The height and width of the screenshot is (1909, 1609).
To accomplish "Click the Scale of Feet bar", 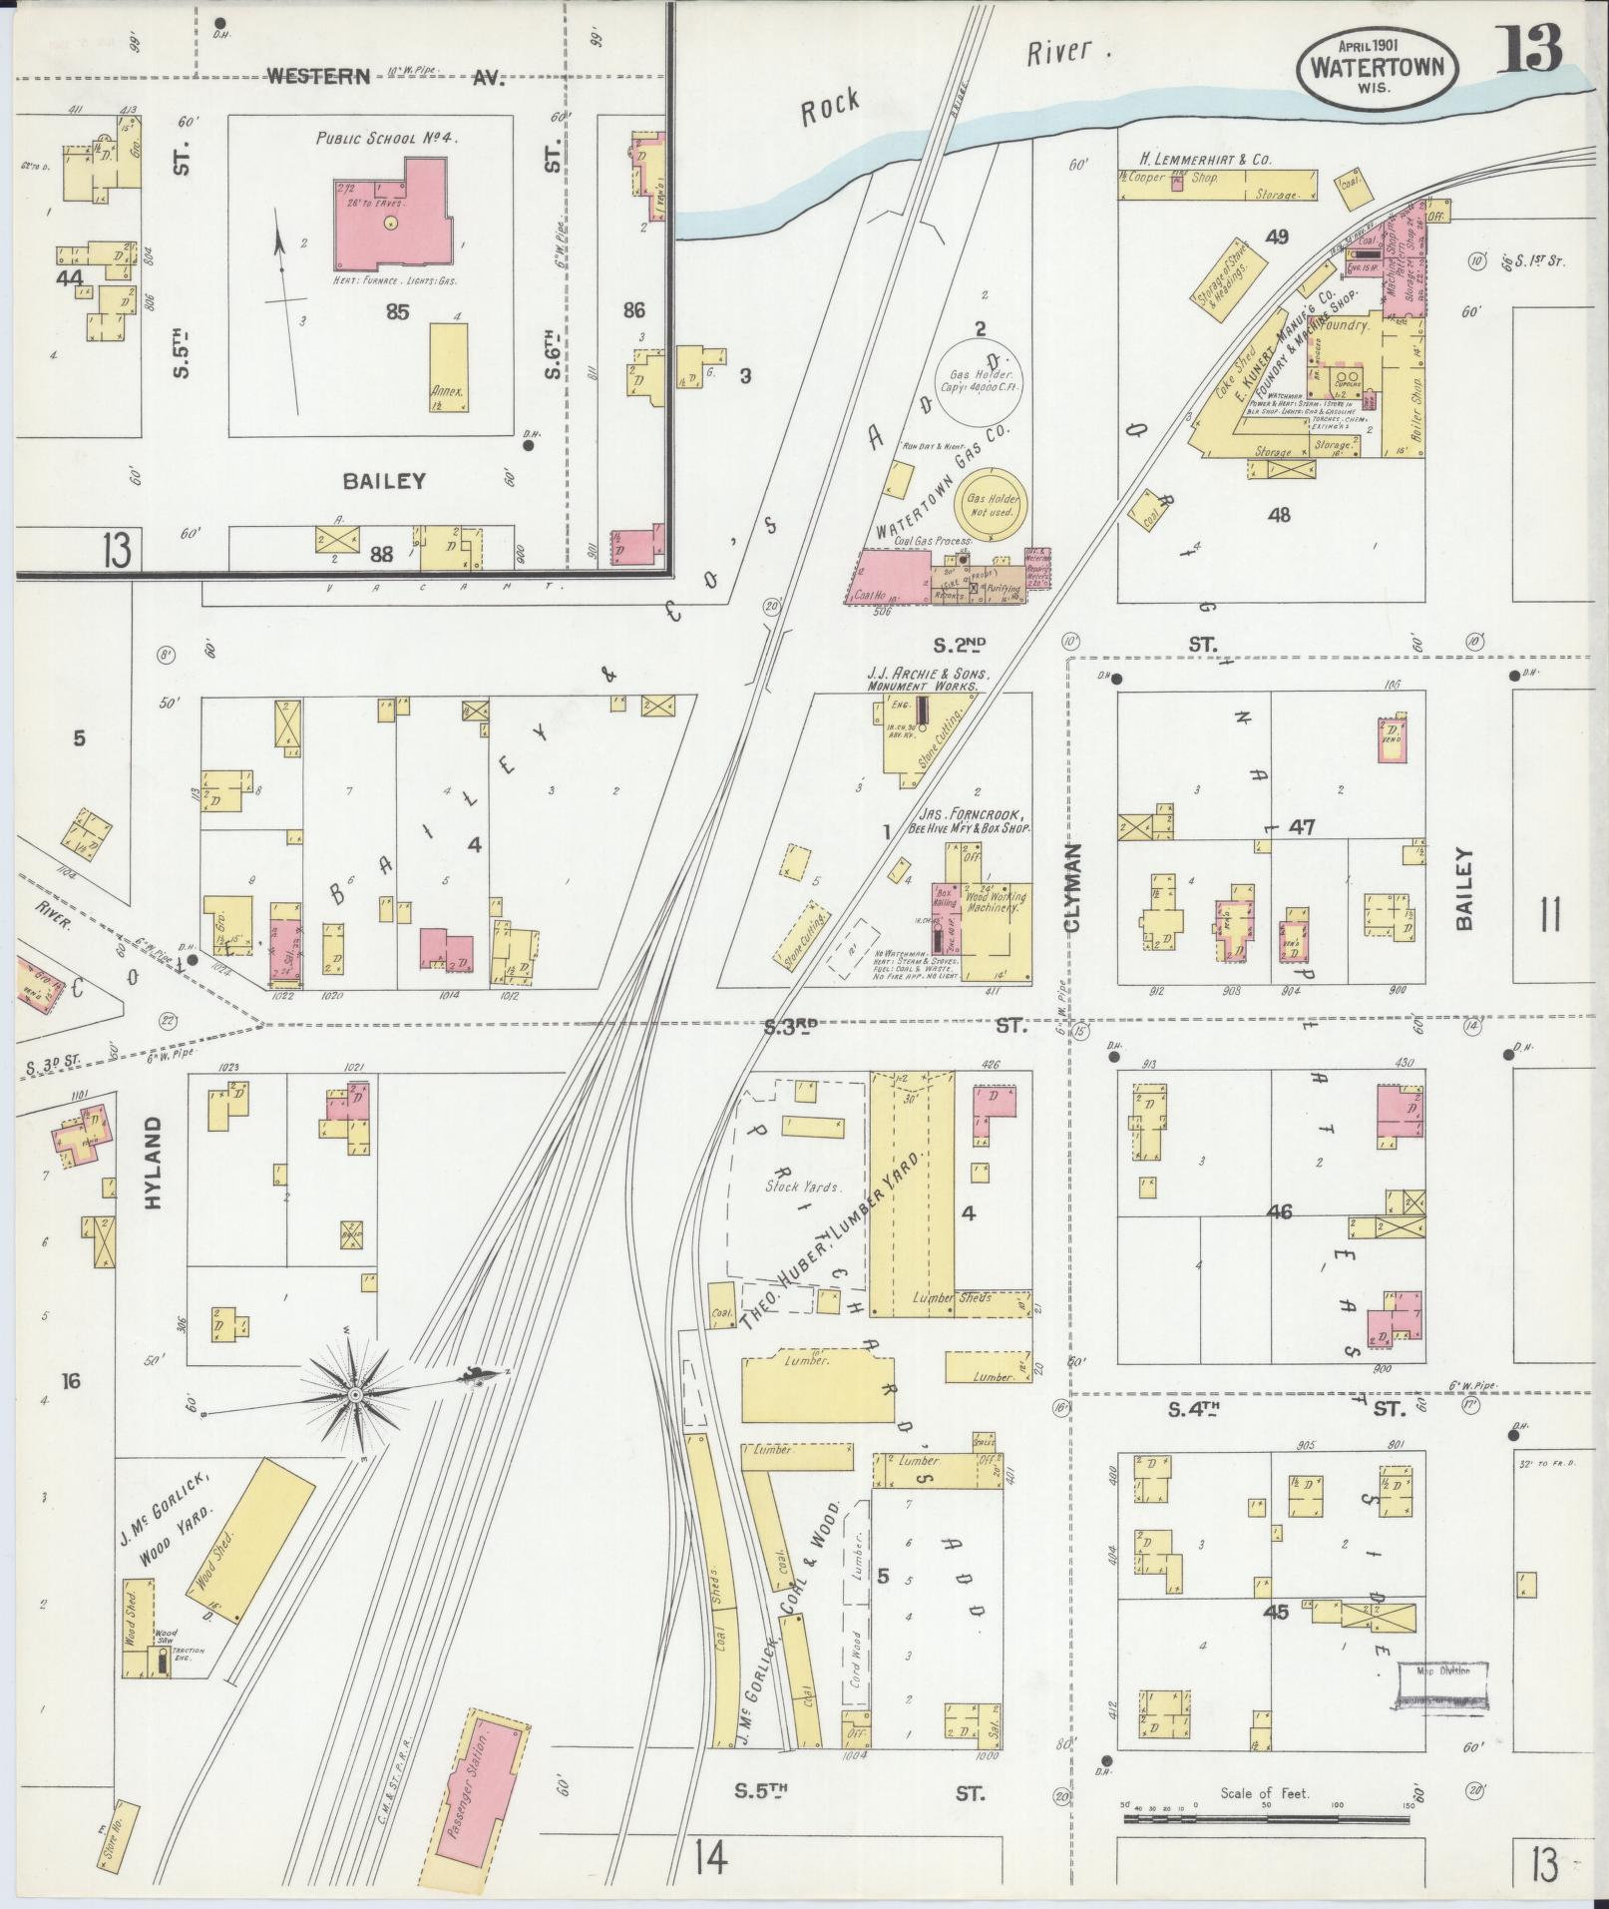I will pos(1267,1818).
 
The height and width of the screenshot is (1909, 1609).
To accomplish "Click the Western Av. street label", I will pos(384,77).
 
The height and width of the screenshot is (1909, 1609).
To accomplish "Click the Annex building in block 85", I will pos(448,366).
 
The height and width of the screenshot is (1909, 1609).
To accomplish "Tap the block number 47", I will pos(1302,827).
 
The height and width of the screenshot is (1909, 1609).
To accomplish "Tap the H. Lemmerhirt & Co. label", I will pos(1205,159).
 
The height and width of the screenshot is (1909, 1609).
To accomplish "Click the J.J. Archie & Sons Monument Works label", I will pos(922,680).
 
